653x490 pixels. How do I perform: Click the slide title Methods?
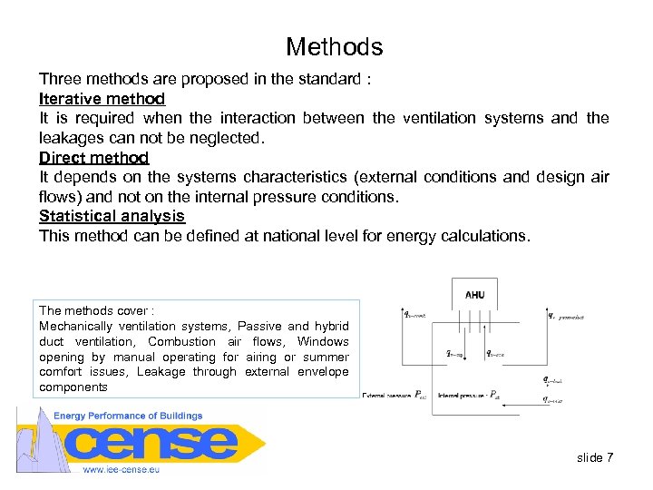(334, 47)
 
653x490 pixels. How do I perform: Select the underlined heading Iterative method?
(102, 98)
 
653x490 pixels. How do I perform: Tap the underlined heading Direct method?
(93, 157)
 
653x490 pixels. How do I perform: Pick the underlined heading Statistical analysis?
(112, 216)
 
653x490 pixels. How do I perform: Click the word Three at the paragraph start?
(59, 79)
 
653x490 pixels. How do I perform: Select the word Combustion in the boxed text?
(181, 342)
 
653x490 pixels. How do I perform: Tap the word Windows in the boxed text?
(323, 342)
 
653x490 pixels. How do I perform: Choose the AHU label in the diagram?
(474, 294)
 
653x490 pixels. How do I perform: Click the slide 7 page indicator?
(595, 457)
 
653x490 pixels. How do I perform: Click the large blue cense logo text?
(154, 443)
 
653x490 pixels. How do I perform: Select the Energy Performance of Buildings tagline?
(128, 416)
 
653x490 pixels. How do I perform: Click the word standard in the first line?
(328, 79)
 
